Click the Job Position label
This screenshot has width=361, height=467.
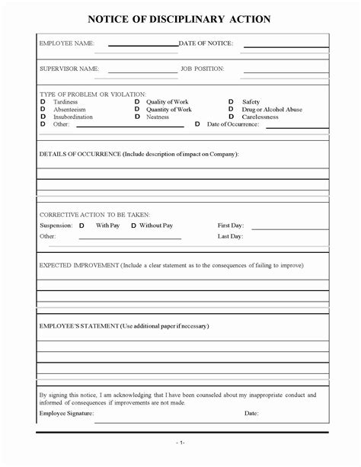pyautogui.click(x=202, y=69)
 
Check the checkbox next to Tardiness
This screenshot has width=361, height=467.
pyautogui.click(x=43, y=101)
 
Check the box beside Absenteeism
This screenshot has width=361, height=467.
pyautogui.click(x=43, y=109)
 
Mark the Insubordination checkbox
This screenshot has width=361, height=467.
pyautogui.click(x=43, y=117)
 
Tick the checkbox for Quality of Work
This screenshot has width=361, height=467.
pyautogui.click(x=137, y=101)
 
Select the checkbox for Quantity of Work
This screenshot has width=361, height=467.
pyautogui.click(x=137, y=109)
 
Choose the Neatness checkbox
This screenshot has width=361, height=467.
pyautogui.click(x=137, y=117)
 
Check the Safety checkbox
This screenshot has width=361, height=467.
pyautogui.click(x=232, y=101)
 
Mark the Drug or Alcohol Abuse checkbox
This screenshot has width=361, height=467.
pyautogui.click(x=232, y=109)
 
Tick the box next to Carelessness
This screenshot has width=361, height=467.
pyautogui.click(x=232, y=117)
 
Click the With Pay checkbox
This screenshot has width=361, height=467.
pyautogui.click(x=81, y=226)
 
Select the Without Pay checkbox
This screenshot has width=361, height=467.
pyautogui.click(x=133, y=226)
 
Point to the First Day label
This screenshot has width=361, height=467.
pyautogui.click(x=231, y=226)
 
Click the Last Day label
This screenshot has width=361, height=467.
pyautogui.click(x=231, y=237)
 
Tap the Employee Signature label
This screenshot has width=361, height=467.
pyautogui.click(x=66, y=413)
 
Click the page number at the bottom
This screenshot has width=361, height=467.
pyautogui.click(x=180, y=442)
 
